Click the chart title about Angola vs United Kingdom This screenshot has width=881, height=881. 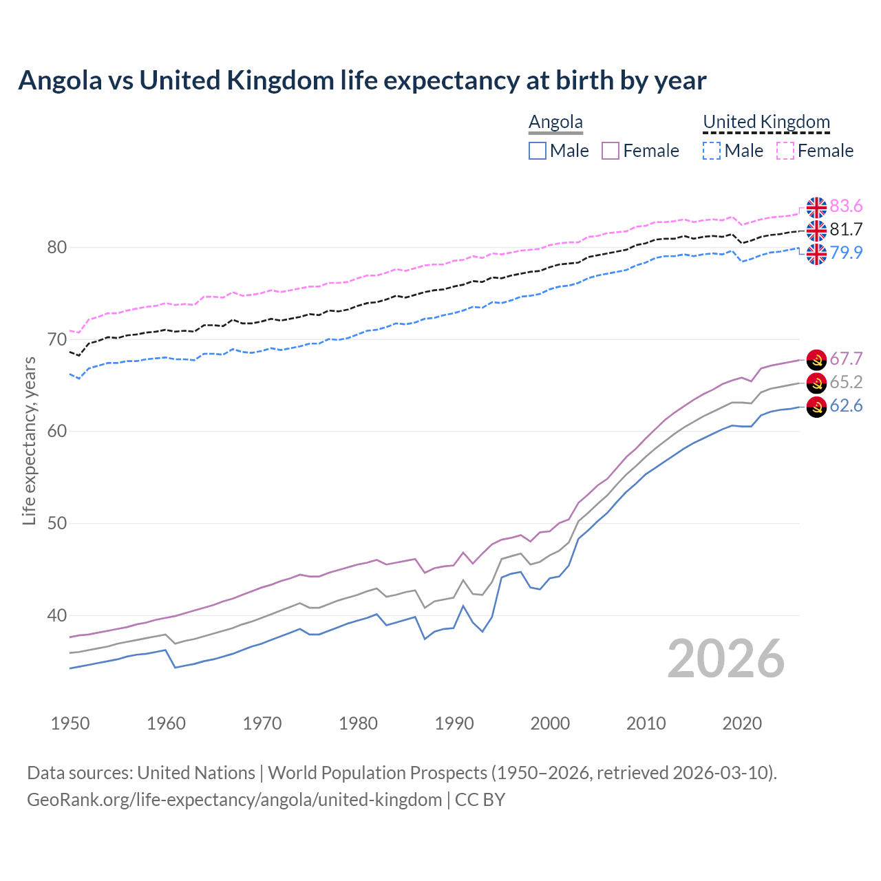coord(362,81)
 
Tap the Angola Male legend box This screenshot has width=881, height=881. coord(538,151)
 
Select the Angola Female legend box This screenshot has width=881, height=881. coord(611,151)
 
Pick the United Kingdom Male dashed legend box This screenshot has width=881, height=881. coord(712,151)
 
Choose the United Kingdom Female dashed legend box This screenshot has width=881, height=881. coord(785,151)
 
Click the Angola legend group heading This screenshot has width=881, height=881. coord(555,122)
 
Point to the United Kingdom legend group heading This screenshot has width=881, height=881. coord(766,122)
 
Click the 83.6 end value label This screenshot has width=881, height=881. coord(846,206)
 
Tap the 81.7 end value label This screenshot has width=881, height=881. coord(846,229)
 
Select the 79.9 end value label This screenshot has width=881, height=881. coord(846,253)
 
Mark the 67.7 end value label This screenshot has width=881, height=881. coord(846,359)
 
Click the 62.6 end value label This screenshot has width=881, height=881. coord(846,405)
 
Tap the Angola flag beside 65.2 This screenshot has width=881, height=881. coord(816,383)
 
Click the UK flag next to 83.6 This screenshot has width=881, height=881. coord(816,206)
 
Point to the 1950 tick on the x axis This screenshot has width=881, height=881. coord(70,723)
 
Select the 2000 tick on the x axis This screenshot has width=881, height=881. coord(550,723)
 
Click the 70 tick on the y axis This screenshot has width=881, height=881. coord(56,339)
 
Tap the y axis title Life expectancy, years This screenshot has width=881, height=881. coord(29,440)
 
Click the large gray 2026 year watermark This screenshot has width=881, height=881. coord(725,659)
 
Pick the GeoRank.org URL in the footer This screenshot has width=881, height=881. coord(234,800)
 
